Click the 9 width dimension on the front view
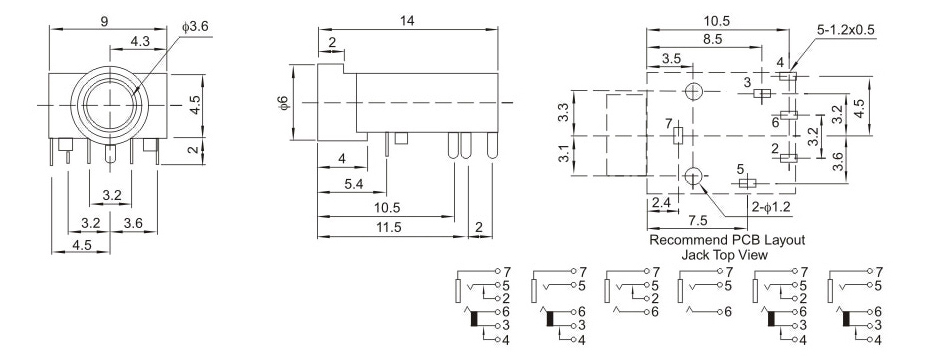click(105, 22)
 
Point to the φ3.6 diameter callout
click(195, 27)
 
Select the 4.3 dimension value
click(140, 42)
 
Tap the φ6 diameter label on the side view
click(285, 103)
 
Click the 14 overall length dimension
click(407, 21)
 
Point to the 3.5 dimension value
click(671, 59)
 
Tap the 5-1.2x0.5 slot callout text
click(846, 29)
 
